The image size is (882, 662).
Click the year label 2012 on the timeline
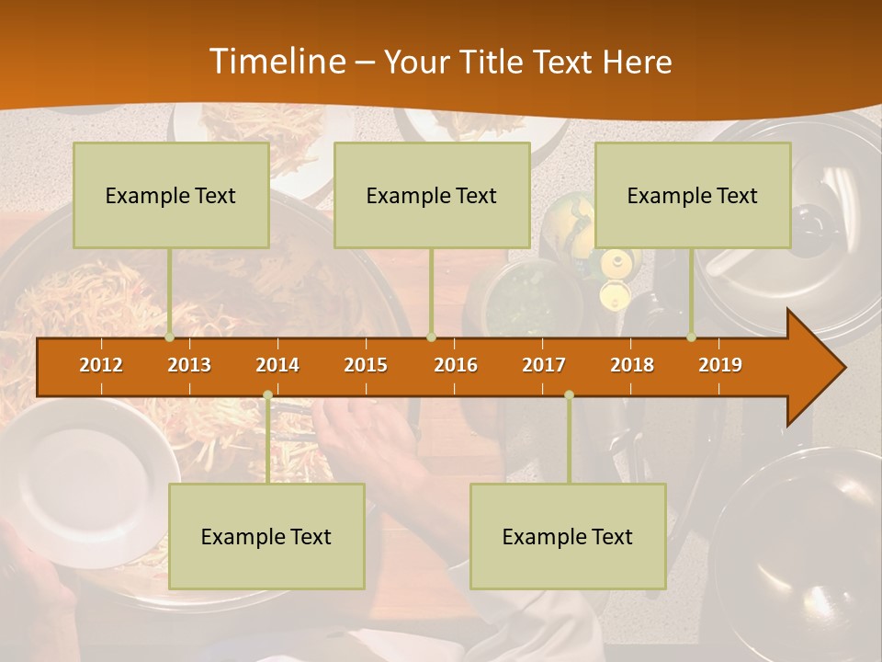pos(101,365)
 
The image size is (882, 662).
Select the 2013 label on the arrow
pos(189,365)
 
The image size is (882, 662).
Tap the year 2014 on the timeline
pos(277,365)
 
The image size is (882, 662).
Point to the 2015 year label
pos(366,365)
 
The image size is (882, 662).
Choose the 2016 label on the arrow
pos(456,365)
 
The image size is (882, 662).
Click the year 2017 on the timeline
pos(544,365)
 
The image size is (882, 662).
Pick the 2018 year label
pos(632,365)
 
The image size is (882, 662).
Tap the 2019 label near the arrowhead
pos(720,365)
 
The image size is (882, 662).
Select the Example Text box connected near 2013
pos(171,196)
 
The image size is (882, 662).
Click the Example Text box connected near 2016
pos(432,196)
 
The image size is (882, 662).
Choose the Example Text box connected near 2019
pos(693,196)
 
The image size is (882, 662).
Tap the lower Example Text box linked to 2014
pos(266,537)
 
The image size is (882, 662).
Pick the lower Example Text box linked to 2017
pos(568,537)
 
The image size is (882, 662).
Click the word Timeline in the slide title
pos(276,62)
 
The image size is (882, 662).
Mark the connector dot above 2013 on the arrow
pos(170,337)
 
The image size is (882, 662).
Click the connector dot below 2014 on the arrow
pos(267,394)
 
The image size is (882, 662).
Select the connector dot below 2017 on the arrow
pos(569,394)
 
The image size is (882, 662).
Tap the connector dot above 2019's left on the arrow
pos(692,337)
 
